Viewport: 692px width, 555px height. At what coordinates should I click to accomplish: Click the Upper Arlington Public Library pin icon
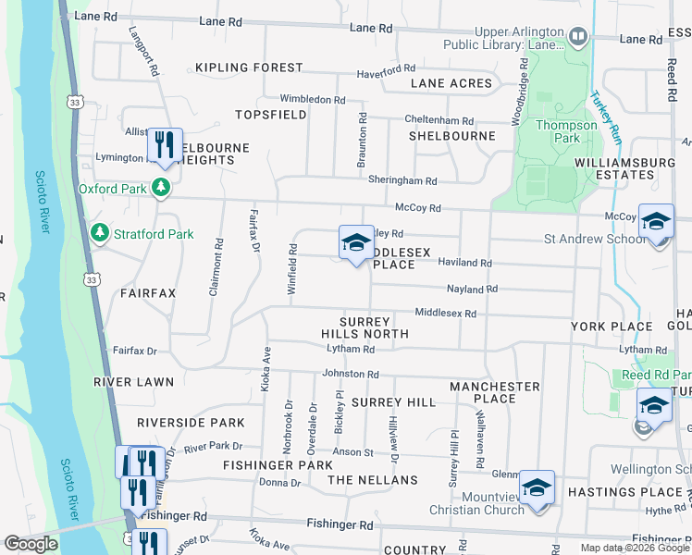(x=579, y=38)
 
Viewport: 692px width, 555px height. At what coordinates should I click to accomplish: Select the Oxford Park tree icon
(x=162, y=189)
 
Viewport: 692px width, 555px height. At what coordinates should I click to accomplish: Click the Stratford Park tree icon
(x=101, y=234)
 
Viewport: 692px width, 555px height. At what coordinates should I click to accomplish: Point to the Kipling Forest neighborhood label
(x=249, y=68)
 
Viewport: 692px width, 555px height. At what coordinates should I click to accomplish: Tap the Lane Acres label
(x=451, y=83)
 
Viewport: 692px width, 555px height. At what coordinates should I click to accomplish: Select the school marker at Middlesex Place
(x=356, y=243)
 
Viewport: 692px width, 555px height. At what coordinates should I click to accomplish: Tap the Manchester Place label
(x=495, y=392)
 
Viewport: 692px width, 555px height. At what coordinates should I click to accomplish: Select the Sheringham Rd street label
(x=402, y=181)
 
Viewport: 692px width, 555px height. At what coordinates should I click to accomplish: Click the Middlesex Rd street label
(x=445, y=314)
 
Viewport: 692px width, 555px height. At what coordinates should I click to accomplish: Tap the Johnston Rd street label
(x=351, y=374)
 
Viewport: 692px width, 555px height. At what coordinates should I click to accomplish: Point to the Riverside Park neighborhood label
(x=191, y=423)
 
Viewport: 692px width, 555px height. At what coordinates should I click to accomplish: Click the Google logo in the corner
(x=31, y=544)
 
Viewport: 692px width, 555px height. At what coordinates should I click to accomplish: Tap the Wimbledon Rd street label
(x=313, y=99)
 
